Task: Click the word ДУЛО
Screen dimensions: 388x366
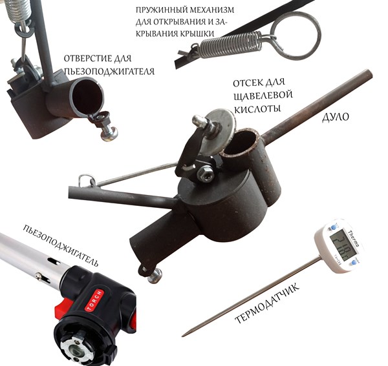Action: (335, 117)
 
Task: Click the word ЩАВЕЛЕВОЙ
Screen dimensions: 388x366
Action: (263, 96)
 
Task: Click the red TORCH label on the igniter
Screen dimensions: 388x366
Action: (94, 300)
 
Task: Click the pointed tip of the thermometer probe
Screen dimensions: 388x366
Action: (183, 336)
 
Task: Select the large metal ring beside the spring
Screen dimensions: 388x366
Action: (296, 36)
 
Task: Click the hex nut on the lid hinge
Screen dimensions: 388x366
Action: (206, 174)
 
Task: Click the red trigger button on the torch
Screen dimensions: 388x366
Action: (61, 306)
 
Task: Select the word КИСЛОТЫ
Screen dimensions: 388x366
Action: (257, 109)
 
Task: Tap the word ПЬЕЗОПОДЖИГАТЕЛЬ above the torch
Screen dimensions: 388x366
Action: (61, 245)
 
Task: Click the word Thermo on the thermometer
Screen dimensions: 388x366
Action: (354, 239)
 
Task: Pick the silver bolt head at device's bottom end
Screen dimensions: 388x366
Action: (155, 276)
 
